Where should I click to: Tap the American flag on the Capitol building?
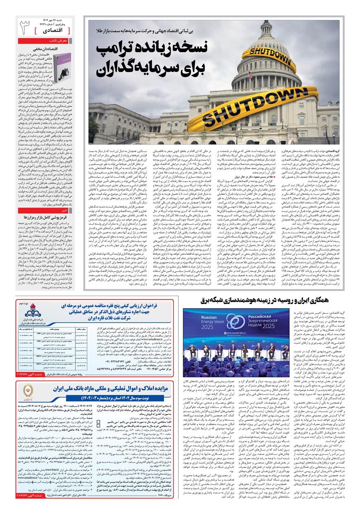pos(250,75)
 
